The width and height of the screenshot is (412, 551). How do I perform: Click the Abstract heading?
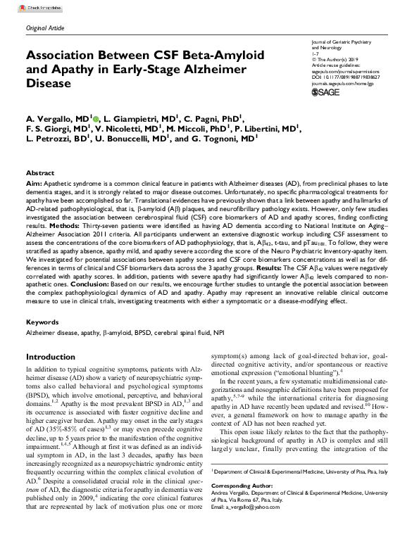(39, 172)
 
